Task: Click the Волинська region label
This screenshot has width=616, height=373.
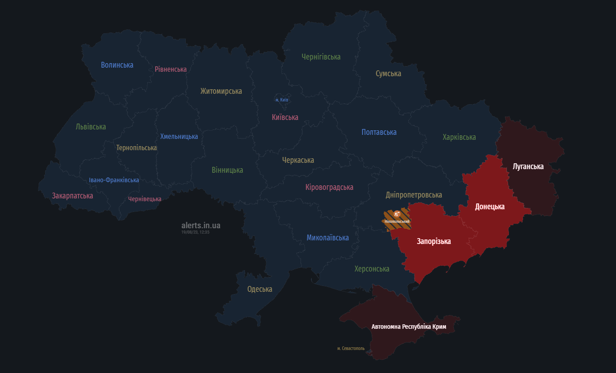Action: [117, 65]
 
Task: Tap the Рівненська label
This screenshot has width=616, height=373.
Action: [170, 69]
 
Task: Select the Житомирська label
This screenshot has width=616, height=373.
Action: [221, 91]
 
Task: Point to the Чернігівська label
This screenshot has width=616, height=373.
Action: [321, 57]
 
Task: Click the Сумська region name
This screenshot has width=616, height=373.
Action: [388, 74]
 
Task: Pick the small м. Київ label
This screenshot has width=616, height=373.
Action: [282, 100]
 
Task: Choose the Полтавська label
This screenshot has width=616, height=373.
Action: [379, 132]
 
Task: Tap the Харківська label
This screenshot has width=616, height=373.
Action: [459, 137]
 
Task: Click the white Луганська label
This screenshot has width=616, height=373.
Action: [528, 166]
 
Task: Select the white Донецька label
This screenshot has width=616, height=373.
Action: [489, 207]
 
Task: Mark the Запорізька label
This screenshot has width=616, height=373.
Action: [433, 241]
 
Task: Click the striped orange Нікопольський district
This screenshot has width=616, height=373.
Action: [397, 219]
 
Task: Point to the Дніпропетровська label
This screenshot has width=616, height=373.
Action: [414, 195]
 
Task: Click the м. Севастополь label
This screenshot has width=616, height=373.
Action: [351, 348]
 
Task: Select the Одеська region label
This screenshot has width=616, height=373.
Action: [259, 289]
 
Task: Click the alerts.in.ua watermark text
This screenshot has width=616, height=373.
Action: [201, 226]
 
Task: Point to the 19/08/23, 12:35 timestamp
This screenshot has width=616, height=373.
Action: [195, 232]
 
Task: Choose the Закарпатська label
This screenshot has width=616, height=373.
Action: [72, 196]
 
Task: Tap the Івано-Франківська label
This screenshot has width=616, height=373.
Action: [114, 180]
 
